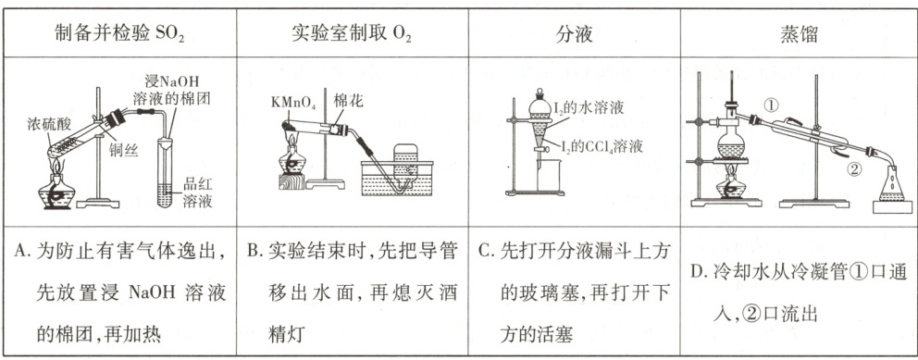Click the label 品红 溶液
point(197,192)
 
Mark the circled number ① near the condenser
point(772,106)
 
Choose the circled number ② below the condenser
point(855,170)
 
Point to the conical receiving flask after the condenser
point(892,184)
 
